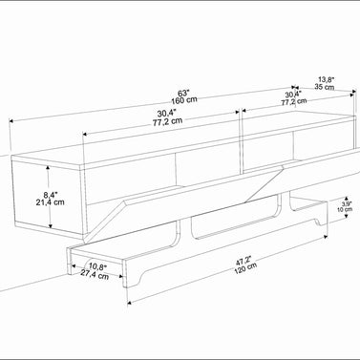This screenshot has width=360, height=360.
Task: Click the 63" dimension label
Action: click(x=183, y=94)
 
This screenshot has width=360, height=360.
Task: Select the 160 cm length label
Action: click(x=184, y=100)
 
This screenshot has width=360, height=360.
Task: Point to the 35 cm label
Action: click(x=325, y=86)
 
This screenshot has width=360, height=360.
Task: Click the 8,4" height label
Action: click(x=51, y=195)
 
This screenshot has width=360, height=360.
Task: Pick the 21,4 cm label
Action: click(x=50, y=201)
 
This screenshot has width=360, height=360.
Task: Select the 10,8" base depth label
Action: click(x=97, y=266)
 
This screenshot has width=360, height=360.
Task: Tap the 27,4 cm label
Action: click(x=95, y=274)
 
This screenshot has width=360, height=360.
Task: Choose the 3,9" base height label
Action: click(x=347, y=203)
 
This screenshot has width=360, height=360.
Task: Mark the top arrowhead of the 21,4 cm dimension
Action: click(x=48, y=168)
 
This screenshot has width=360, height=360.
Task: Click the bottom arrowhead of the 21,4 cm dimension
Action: click(x=50, y=225)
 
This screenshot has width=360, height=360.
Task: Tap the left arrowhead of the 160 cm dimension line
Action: click(x=11, y=120)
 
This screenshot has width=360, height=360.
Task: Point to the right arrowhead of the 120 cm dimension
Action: click(x=325, y=237)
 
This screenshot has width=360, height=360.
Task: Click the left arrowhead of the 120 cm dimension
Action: click(x=130, y=303)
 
